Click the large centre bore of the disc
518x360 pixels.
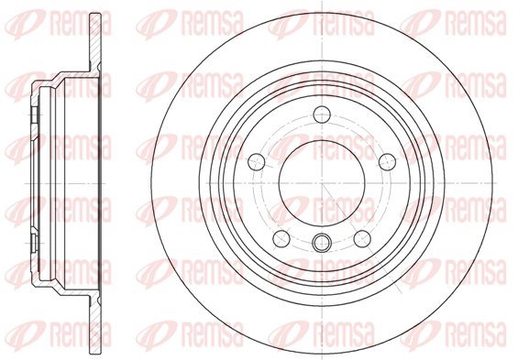coord(322,183)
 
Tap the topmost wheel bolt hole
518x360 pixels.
coord(322,115)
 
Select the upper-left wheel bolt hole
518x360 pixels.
coord(257,162)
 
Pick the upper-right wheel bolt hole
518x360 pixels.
coord(387,162)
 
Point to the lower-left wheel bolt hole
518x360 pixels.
coord(281,238)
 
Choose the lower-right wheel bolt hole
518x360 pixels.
coord(362,238)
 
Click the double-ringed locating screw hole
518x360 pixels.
coord(322,243)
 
